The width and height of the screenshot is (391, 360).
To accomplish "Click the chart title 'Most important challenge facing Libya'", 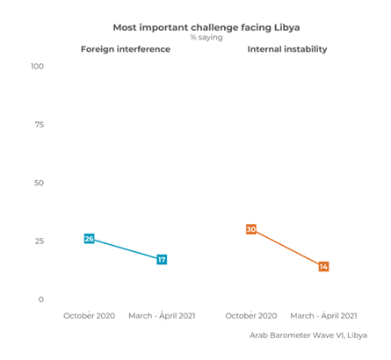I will (x=206, y=27).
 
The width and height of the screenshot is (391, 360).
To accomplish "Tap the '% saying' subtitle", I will (x=206, y=38).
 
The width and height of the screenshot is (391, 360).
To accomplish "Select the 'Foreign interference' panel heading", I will (x=126, y=49).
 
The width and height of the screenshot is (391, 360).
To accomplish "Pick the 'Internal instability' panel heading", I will (x=287, y=49).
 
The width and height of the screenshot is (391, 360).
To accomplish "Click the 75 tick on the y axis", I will (x=40, y=125).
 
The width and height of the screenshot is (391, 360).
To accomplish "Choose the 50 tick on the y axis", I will (x=40, y=183).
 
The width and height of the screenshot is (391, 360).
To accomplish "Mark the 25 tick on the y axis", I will (x=40, y=241).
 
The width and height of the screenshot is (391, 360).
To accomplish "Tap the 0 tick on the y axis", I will (x=41, y=299).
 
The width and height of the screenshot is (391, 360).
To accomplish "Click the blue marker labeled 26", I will (x=89, y=239).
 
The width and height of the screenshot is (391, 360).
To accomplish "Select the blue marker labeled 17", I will (x=162, y=260).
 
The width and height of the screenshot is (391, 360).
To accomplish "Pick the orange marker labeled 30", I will (x=251, y=229).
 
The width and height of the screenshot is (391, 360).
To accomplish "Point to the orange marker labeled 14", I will (x=323, y=266).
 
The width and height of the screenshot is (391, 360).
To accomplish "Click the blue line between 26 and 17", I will (x=126, y=249).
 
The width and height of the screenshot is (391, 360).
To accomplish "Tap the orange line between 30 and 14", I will (x=287, y=248).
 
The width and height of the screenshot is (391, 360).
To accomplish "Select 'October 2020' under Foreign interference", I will (x=89, y=315).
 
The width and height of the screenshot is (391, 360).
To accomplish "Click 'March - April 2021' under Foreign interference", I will (x=162, y=315).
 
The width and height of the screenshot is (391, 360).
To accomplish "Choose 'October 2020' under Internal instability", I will (x=251, y=315).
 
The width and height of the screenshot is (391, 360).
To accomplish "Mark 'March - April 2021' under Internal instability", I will (x=323, y=315).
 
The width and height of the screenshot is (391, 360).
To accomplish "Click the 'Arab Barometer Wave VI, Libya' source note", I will (x=308, y=335).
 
